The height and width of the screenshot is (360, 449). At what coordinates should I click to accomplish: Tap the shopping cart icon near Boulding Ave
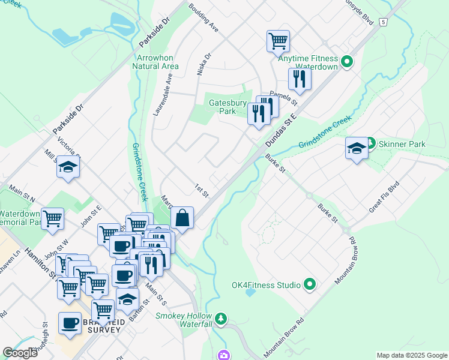click(278, 41)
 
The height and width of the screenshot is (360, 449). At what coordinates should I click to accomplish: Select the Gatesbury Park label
click(228, 107)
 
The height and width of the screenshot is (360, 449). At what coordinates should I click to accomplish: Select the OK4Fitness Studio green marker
click(310, 284)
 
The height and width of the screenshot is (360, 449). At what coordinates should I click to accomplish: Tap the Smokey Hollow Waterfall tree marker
click(221, 317)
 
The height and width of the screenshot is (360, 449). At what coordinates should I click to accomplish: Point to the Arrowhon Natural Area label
click(158, 62)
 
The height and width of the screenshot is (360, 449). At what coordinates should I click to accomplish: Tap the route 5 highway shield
click(383, 22)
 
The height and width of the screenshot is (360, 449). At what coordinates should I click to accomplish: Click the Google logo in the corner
click(20, 353)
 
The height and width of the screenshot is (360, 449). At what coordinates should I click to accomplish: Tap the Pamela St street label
click(280, 95)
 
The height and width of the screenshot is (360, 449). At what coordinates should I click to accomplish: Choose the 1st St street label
click(201, 191)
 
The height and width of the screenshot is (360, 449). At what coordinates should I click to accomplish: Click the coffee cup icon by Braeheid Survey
click(70, 323)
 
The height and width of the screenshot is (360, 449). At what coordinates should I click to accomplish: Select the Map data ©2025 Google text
click(411, 355)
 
